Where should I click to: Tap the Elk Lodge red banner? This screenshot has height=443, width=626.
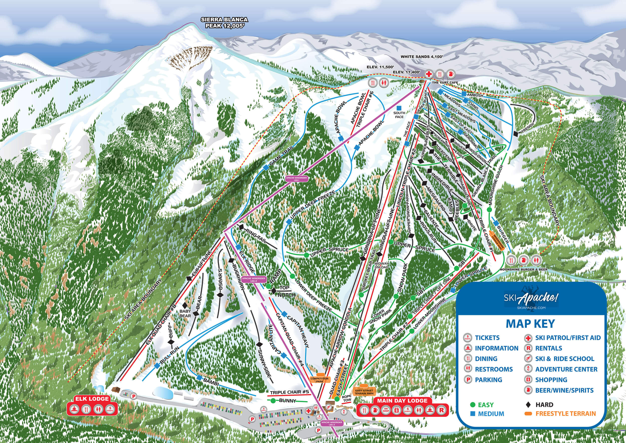pos(92,399)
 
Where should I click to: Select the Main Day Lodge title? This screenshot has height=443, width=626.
pos(402,400)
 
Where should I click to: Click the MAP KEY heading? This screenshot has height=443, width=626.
pos(530,323)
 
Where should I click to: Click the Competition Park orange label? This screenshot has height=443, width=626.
pos(320,380)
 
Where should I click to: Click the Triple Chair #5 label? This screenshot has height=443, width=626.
pos(289,392)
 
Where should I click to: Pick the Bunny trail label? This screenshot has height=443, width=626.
pos(287,401)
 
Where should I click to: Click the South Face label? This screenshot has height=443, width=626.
pos(399,115)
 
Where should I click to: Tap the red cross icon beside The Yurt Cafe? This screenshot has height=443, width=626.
pos(429,74)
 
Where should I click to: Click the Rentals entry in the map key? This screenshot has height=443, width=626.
pos(548,348)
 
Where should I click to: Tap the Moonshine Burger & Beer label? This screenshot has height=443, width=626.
pos(523,270)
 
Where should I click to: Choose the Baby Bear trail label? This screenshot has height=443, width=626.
pos(185,313)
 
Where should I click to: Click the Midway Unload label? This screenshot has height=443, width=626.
pos(381,265)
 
